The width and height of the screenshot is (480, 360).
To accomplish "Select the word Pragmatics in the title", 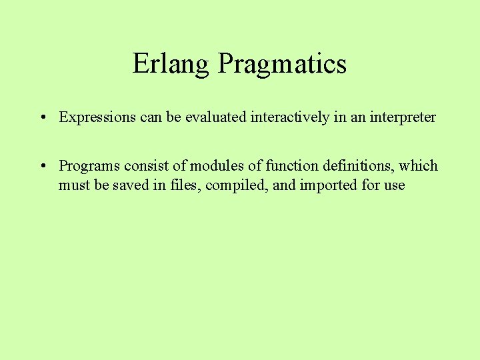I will (x=282, y=64).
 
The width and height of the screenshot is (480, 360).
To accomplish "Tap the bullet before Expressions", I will (x=41, y=118).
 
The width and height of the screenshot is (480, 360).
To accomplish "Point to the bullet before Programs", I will (x=41, y=166).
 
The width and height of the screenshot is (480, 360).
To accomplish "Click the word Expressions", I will (x=98, y=117).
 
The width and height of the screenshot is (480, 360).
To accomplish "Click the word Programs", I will (x=89, y=165).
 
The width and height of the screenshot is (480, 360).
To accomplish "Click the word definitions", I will (x=353, y=165).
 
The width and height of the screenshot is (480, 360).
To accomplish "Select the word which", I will (x=419, y=165).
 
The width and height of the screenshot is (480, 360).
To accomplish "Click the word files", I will (x=185, y=185).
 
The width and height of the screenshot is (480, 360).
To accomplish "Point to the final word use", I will (x=394, y=185).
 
